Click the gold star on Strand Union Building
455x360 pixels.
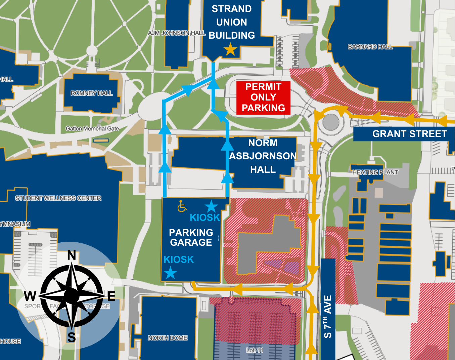(230, 49)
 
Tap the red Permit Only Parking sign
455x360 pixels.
(263, 97)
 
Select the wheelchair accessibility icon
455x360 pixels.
(182, 206)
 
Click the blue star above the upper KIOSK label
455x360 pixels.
(211, 206)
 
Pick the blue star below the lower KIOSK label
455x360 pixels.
(171, 273)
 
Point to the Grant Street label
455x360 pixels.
(409, 134)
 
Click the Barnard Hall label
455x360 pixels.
(370, 47)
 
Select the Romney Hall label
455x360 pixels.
(91, 93)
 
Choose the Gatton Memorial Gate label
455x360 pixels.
(92, 128)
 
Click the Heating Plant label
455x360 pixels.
(375, 172)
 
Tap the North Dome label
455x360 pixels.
(168, 338)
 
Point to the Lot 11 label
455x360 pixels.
(255, 350)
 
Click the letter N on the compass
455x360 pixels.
(72, 255)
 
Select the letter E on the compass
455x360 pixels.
(111, 296)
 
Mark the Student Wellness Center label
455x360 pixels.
(58, 198)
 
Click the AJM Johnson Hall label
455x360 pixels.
(177, 33)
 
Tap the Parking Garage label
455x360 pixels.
(191, 237)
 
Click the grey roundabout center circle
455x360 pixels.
(331, 122)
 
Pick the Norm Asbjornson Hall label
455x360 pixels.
(263, 156)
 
